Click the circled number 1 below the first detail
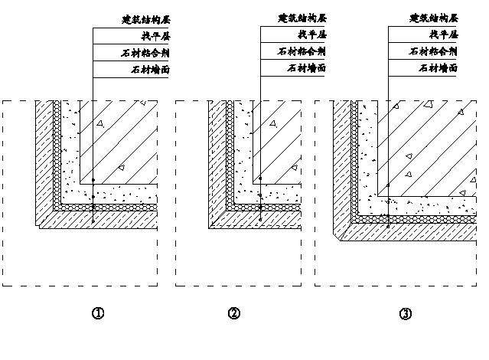pyautogui.click(x=97, y=313)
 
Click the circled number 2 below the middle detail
pyautogui.click(x=234, y=313)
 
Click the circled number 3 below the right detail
pyautogui.click(x=406, y=313)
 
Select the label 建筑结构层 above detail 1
pyautogui.click(x=145, y=18)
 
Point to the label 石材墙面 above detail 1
pyautogui.click(x=149, y=69)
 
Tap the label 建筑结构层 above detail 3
pyautogui.click(x=433, y=18)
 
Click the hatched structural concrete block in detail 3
pyautogui.click(x=425, y=146)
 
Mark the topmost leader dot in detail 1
pyautogui.click(x=93, y=180)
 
